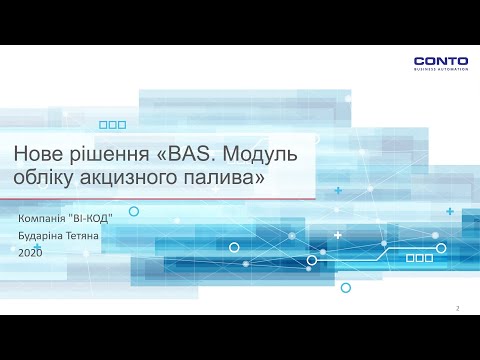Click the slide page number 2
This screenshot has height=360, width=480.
[457, 308]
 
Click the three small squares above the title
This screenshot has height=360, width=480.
[113, 125]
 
